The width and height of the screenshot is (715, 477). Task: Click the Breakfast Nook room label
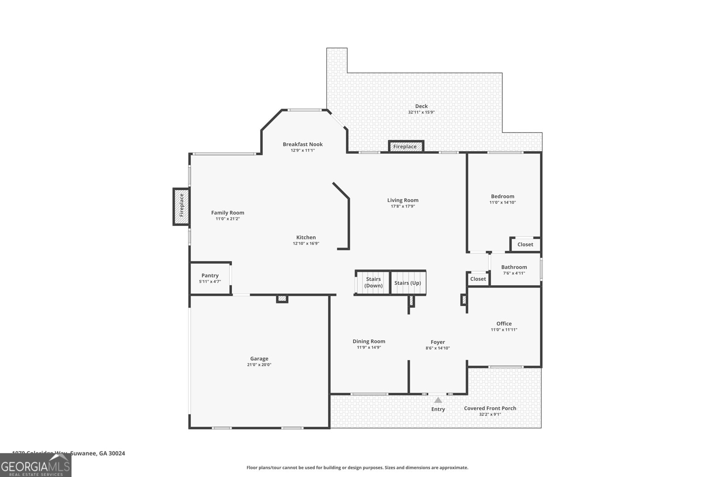tap(303, 144)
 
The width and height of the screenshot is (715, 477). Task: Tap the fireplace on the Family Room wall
tap(181, 206)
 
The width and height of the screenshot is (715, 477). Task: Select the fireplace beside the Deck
tap(405, 147)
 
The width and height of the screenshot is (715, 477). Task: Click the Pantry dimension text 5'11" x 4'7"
tap(210, 282)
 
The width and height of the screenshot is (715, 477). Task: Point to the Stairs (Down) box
tap(373, 283)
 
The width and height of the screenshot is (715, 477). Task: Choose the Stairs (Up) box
tap(408, 283)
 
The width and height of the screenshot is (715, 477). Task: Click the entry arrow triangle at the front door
tap(438, 400)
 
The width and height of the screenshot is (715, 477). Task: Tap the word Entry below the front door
tap(438, 409)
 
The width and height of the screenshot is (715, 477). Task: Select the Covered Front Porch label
tap(490, 408)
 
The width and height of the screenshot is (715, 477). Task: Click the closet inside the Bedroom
tap(525, 245)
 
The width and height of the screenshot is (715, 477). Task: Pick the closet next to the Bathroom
tap(478, 279)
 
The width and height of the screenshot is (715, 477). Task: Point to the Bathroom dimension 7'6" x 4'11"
tap(514, 273)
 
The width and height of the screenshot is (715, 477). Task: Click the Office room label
tap(504, 324)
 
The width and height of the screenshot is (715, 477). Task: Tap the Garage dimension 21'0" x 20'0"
tap(259, 365)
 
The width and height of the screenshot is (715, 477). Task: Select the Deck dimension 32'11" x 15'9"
tap(421, 113)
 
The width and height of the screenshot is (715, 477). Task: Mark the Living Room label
tap(403, 200)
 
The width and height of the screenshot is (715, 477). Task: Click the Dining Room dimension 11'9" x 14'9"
tap(369, 347)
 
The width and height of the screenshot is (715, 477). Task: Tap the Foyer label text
tap(437, 342)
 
